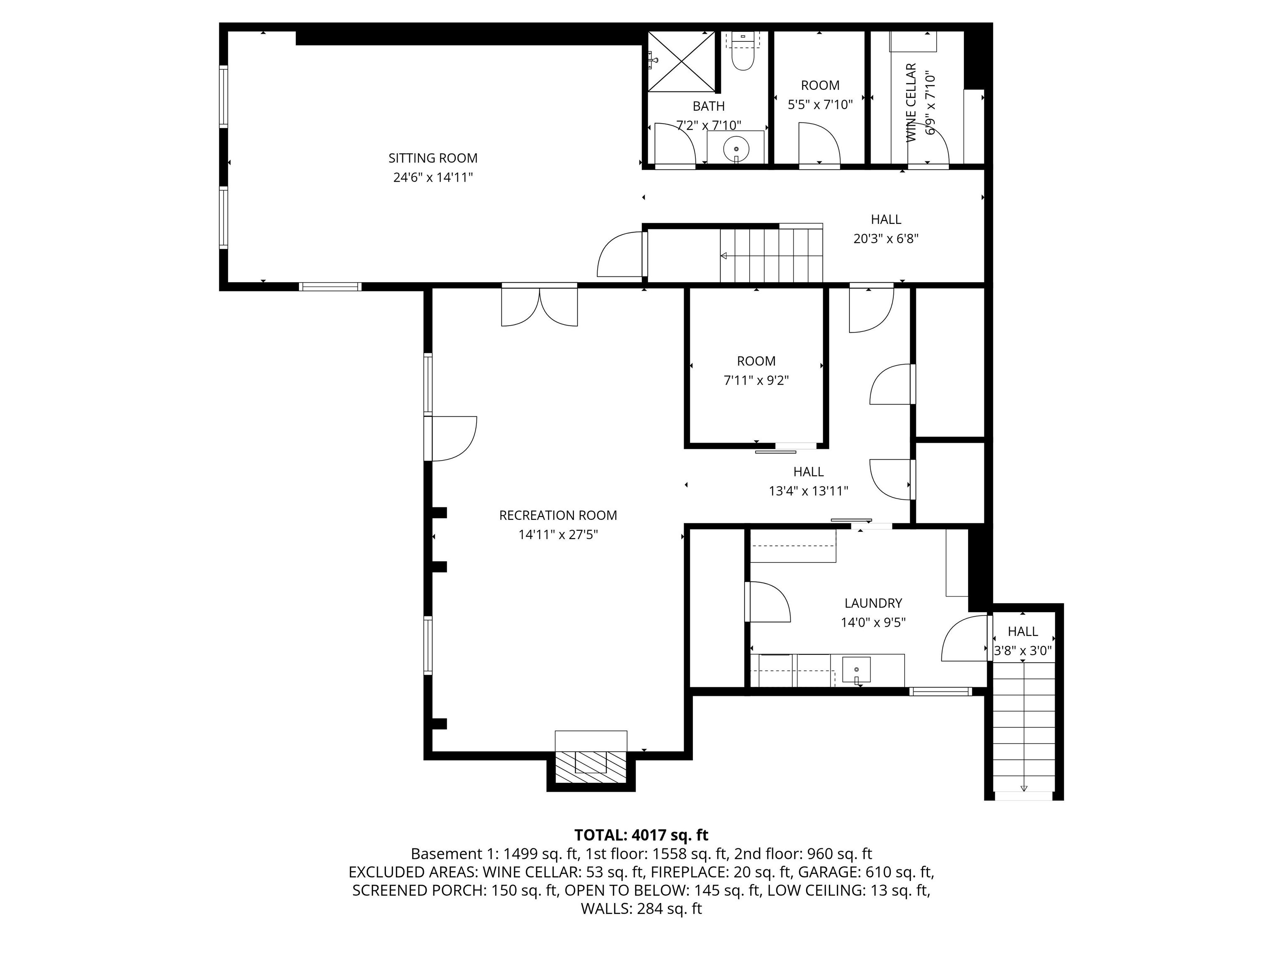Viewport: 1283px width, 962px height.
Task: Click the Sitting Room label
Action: pos(433,158)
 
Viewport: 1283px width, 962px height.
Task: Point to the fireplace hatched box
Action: pos(591,769)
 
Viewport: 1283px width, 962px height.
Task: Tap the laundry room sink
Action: pos(856,670)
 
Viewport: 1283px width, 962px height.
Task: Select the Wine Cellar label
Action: pos(910,103)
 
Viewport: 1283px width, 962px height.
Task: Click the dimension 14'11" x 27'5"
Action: pos(558,534)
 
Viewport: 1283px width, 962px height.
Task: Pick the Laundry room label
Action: pos(873,603)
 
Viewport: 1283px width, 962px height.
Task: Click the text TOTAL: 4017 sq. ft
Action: pos(641,835)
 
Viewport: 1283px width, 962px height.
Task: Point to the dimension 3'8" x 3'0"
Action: pos(1022,651)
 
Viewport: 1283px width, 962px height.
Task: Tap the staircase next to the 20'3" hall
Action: pos(771,255)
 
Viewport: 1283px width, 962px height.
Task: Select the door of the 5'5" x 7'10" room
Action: pos(819,145)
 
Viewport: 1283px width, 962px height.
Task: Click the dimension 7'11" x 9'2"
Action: pos(756,380)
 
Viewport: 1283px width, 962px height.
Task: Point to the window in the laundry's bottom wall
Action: pos(940,691)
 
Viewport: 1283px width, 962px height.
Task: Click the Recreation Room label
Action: pos(558,515)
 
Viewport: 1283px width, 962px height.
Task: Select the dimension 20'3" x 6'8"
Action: pos(886,238)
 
